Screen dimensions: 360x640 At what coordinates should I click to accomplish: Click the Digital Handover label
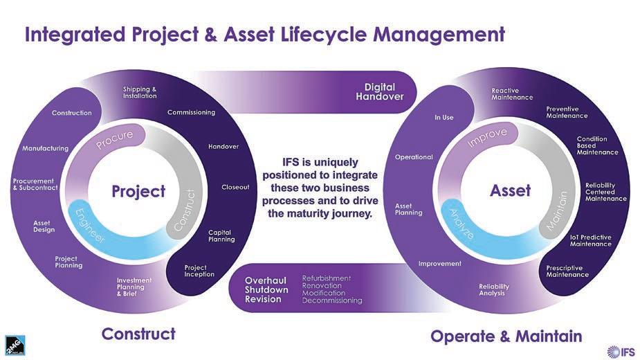tap(379, 91)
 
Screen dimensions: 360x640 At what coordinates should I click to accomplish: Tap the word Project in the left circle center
tap(138, 191)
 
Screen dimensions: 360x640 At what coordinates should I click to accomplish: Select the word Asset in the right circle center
tap(510, 190)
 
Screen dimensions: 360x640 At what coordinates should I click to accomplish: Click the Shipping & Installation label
tap(140, 92)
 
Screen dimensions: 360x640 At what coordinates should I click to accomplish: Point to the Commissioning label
tap(191, 112)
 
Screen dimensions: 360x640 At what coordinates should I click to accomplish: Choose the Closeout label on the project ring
tap(235, 187)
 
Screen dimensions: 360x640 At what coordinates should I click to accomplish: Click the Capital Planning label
tap(221, 235)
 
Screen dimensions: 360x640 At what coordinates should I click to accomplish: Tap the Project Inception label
tap(199, 271)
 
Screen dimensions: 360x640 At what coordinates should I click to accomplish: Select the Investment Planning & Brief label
tap(129, 287)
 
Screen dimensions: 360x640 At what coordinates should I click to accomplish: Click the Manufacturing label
tap(45, 148)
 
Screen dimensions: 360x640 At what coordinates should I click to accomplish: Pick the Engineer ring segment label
tap(90, 225)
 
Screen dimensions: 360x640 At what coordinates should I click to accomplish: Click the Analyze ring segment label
tap(461, 224)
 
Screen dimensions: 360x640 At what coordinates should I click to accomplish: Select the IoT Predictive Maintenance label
tap(590, 240)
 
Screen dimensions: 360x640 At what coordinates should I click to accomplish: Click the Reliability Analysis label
tap(494, 289)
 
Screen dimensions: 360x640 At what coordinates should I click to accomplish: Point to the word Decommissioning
tap(332, 300)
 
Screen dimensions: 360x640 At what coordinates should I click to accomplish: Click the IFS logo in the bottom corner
tap(620, 351)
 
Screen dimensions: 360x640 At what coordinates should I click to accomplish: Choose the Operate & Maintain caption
tap(506, 336)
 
